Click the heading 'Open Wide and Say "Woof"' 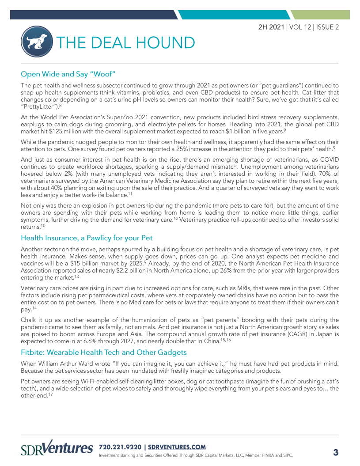[x=68, y=73]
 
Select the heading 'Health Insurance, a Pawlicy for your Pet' [x=87, y=238]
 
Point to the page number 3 [x=335, y=452]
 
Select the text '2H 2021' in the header [x=272, y=27]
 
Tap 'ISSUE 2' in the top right [x=327, y=27]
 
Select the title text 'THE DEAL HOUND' [x=125, y=43]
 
